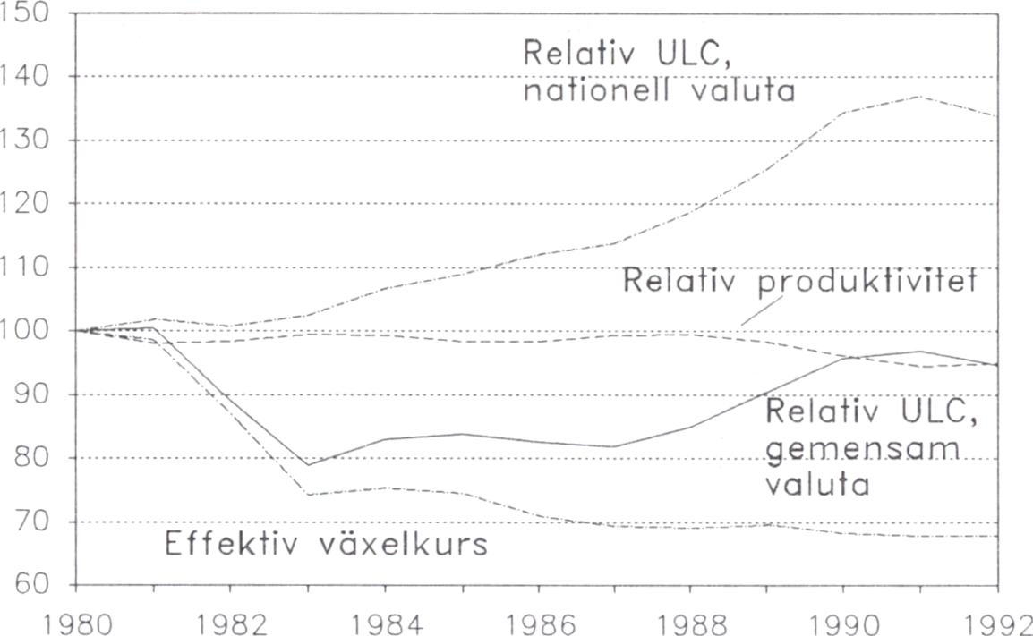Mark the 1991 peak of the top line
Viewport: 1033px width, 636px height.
[921, 96]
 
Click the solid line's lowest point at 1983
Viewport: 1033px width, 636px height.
[307, 465]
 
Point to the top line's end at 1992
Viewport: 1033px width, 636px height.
[998, 116]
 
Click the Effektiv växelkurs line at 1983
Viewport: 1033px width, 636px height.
[307, 494]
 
